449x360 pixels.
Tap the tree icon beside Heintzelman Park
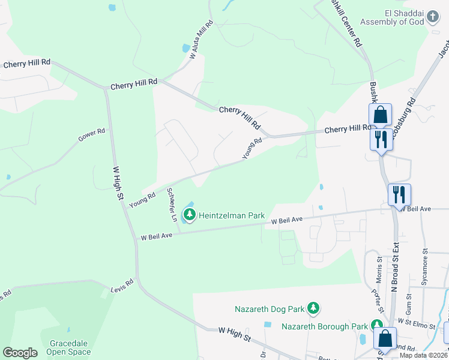click(x=190, y=214)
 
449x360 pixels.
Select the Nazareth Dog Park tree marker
click(x=313, y=308)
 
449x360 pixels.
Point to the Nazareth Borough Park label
click(x=324, y=326)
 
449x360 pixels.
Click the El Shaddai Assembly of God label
click(x=392, y=17)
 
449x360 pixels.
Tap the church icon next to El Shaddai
click(x=433, y=18)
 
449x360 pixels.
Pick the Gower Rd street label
click(x=92, y=136)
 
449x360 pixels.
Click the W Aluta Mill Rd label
click(x=202, y=39)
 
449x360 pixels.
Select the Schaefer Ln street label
click(x=172, y=205)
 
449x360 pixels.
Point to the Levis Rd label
click(x=122, y=285)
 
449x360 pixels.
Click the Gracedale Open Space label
click(x=68, y=347)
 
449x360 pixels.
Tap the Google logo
click(x=20, y=353)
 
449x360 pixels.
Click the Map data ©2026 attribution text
click(x=423, y=355)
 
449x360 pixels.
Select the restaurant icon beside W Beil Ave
click(x=399, y=194)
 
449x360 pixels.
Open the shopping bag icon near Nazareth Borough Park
click(x=385, y=337)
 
